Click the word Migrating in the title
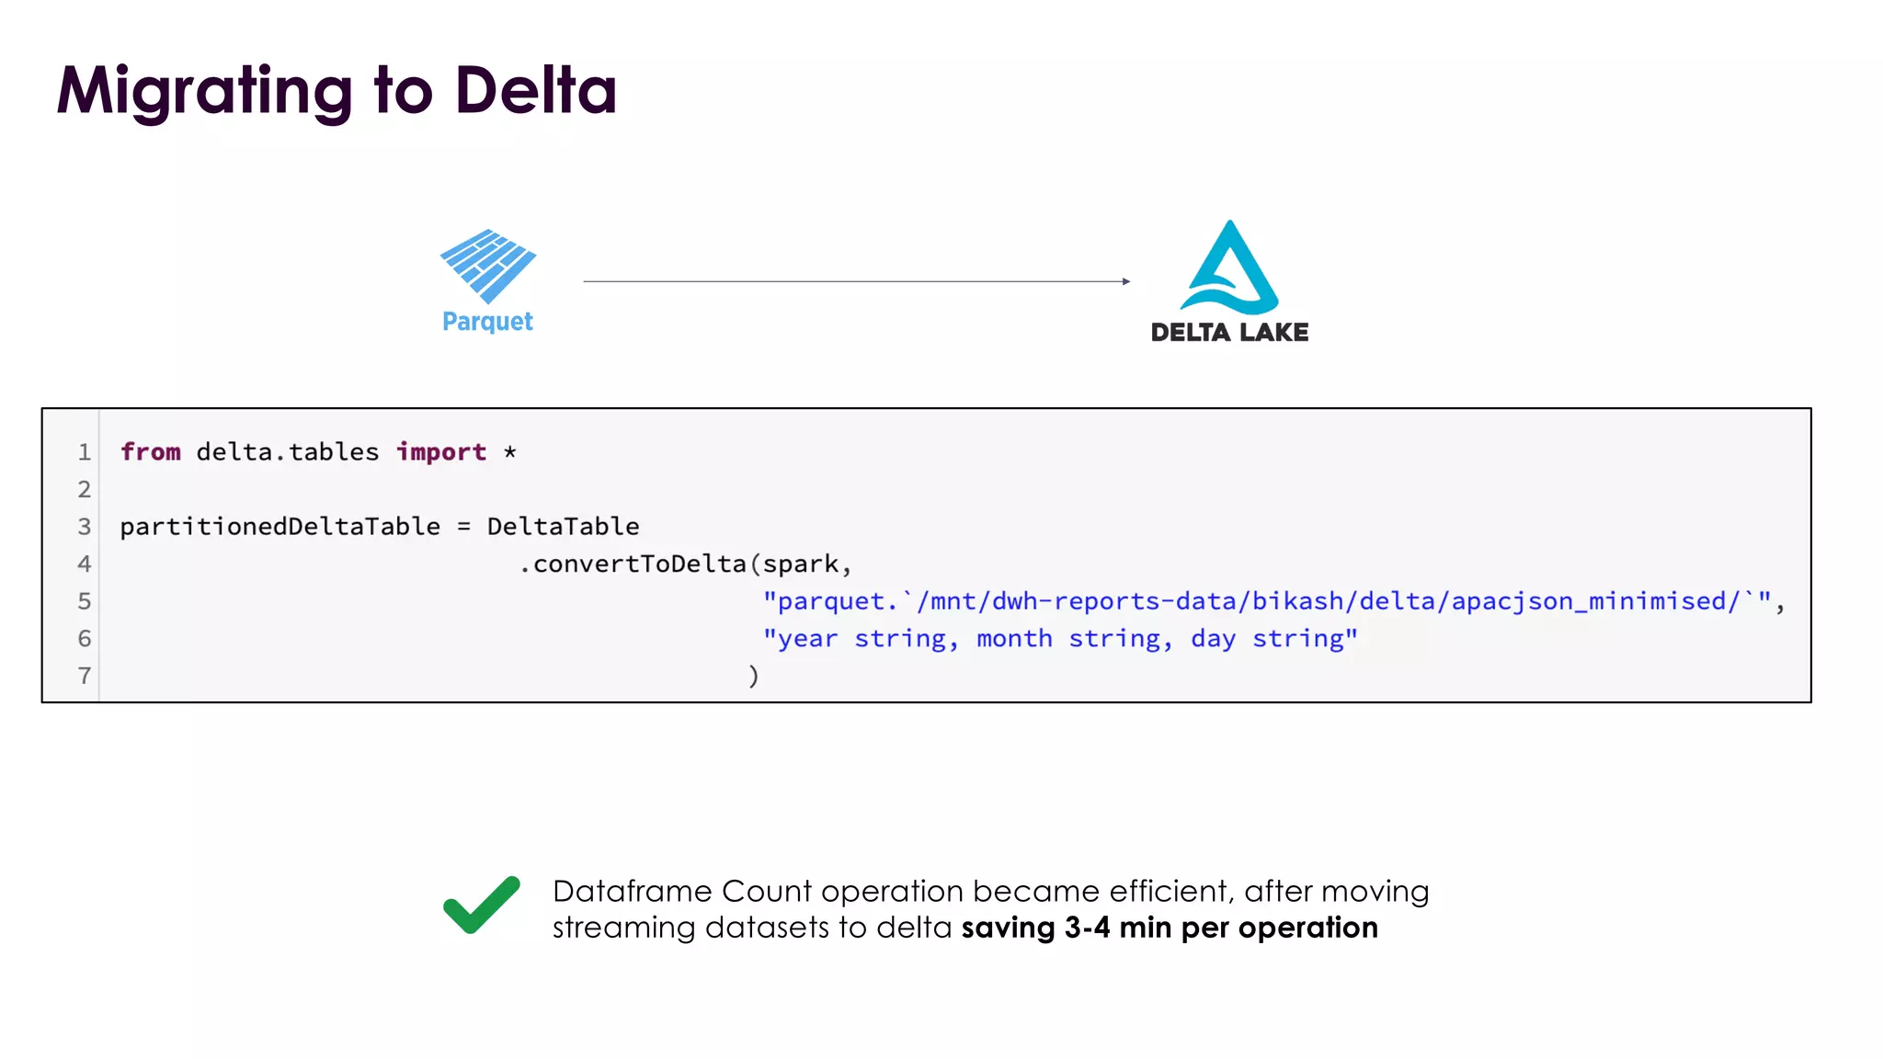[x=205, y=92]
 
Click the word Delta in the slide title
[x=535, y=90]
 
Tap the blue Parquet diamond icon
[x=488, y=265]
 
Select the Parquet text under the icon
[x=487, y=322]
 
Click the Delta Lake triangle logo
[x=1229, y=268]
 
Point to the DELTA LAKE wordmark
[x=1229, y=332]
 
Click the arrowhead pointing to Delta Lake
[x=1125, y=281]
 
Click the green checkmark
[x=482, y=905]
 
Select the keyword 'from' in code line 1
[x=151, y=452]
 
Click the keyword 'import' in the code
[x=441, y=452]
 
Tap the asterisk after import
[x=510, y=451]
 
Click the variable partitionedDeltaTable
[x=280, y=527]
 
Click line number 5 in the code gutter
[x=85, y=602]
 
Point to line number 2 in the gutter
[x=85, y=490]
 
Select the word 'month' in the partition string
[x=1014, y=639]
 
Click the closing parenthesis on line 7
[x=754, y=677]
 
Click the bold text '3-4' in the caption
[x=1087, y=928]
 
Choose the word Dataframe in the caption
[x=632, y=892]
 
